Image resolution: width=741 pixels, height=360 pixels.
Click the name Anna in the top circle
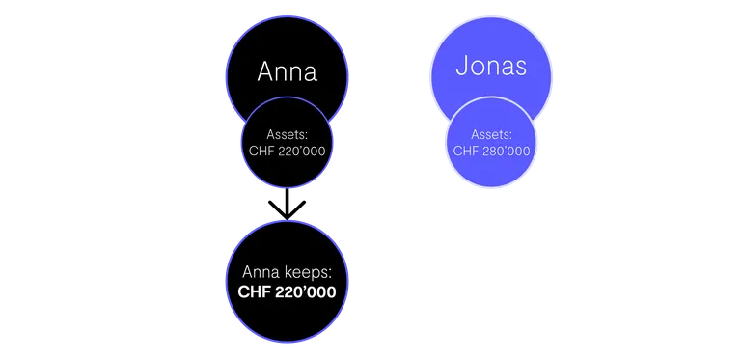(x=287, y=72)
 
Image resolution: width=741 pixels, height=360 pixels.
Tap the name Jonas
(x=491, y=67)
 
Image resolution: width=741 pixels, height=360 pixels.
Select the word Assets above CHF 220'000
(x=287, y=135)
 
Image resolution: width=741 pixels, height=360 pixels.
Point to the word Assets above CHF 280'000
(x=491, y=135)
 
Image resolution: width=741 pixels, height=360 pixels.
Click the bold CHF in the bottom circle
(x=254, y=292)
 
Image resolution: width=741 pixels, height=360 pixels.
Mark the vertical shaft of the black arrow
(x=287, y=203)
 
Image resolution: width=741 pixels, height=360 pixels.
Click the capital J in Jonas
(x=462, y=67)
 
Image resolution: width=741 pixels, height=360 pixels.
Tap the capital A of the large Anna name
(x=266, y=72)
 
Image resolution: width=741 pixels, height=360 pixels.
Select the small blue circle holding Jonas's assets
(x=491, y=142)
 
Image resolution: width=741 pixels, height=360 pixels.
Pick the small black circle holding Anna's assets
(x=287, y=142)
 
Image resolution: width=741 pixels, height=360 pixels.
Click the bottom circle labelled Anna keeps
(x=287, y=281)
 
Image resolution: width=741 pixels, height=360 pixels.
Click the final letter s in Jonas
(x=520, y=69)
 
